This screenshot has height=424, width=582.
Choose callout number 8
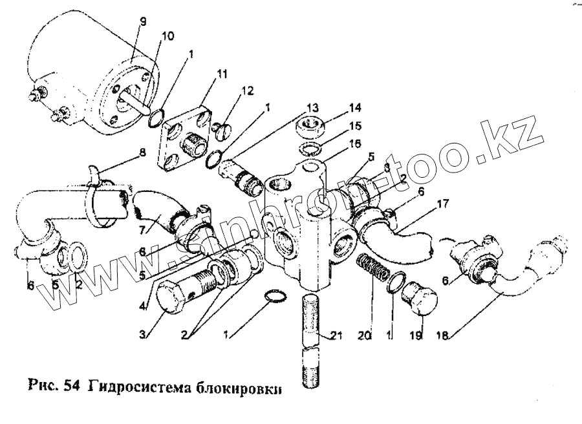pos(143,154)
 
